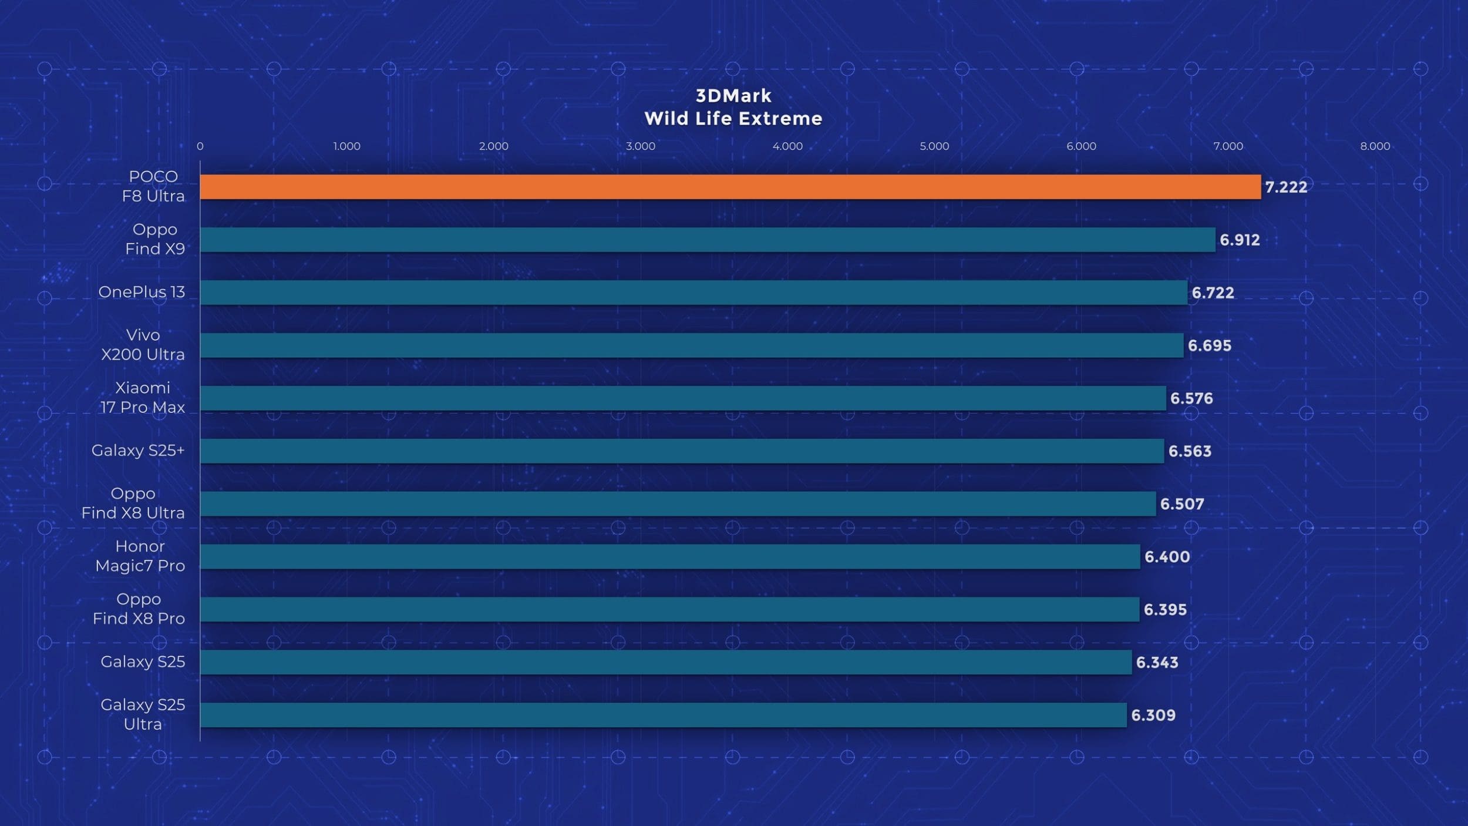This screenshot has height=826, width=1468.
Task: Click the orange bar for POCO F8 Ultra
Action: click(730, 187)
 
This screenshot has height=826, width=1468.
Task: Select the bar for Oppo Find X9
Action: click(708, 240)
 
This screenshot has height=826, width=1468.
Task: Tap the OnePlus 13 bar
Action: click(693, 293)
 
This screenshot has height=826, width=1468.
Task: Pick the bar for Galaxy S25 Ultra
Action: click(663, 715)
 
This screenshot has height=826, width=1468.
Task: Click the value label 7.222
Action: click(1286, 187)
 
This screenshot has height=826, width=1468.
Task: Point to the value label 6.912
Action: click(1240, 240)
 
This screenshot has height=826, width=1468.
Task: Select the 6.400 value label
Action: click(1167, 556)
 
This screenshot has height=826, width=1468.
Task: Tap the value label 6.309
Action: click(1153, 715)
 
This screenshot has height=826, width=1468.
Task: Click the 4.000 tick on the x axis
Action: click(787, 146)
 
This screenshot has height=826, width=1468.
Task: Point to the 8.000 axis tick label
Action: click(1375, 146)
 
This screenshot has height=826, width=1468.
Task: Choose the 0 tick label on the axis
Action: click(200, 146)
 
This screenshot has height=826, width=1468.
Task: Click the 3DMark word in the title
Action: click(733, 96)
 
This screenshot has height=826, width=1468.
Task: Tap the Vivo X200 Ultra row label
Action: click(143, 345)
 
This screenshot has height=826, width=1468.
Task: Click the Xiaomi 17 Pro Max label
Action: click(142, 398)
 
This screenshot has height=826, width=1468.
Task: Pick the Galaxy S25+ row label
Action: click(138, 451)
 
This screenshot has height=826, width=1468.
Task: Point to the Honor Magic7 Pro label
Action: click(140, 556)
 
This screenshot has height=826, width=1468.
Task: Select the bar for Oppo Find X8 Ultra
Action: click(678, 503)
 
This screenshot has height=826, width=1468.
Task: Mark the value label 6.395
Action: click(1165, 609)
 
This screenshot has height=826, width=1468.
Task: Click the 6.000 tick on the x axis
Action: click(1081, 146)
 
